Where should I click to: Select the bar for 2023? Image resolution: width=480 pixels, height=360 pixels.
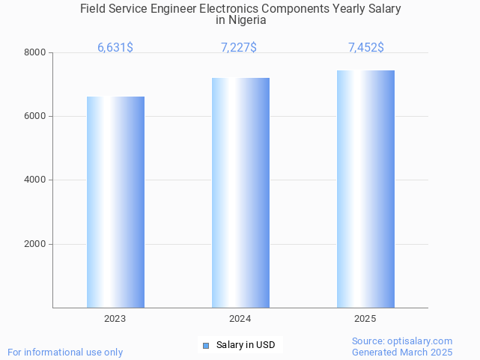coord(115,202)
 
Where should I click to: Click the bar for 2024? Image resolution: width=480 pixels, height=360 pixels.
coord(240,192)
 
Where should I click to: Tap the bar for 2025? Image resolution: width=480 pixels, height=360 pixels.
coord(365,189)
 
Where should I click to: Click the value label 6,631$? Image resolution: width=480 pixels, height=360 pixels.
coord(115,48)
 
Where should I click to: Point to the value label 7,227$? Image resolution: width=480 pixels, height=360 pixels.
coord(239,48)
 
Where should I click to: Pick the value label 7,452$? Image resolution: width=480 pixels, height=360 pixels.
coord(366,48)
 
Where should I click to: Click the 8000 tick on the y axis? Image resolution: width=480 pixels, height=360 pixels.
coord(34,52)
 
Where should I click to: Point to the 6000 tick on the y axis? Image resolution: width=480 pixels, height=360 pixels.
coord(34,116)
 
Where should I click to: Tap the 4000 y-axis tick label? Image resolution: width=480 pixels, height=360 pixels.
coord(34,180)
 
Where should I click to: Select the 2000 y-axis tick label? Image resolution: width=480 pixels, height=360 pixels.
coord(34,244)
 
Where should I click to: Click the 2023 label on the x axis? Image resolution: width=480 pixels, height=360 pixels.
coord(115,319)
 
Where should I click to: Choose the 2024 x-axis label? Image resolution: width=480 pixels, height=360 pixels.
coord(240,319)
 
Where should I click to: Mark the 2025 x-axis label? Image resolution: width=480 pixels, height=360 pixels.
coord(365,319)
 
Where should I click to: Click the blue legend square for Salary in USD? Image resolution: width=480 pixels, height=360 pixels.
coord(206,345)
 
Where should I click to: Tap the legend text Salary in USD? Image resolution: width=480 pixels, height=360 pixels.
coord(246,345)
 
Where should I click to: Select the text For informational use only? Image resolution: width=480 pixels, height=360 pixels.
coord(65,352)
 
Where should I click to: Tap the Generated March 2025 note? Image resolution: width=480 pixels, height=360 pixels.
coord(402,352)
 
